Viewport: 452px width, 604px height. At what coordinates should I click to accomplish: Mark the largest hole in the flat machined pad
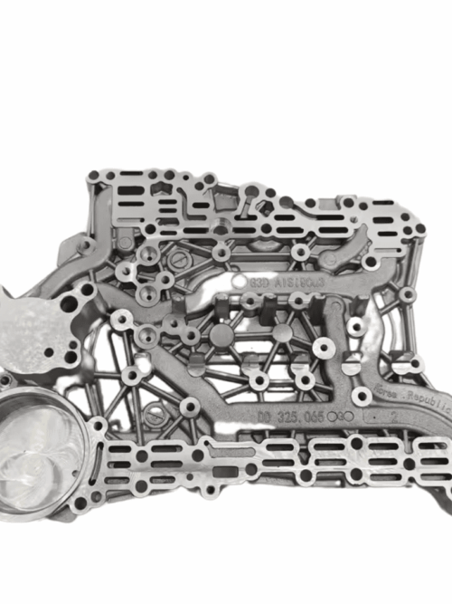[60, 325]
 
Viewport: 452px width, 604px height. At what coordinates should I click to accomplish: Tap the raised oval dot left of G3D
[240, 283]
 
